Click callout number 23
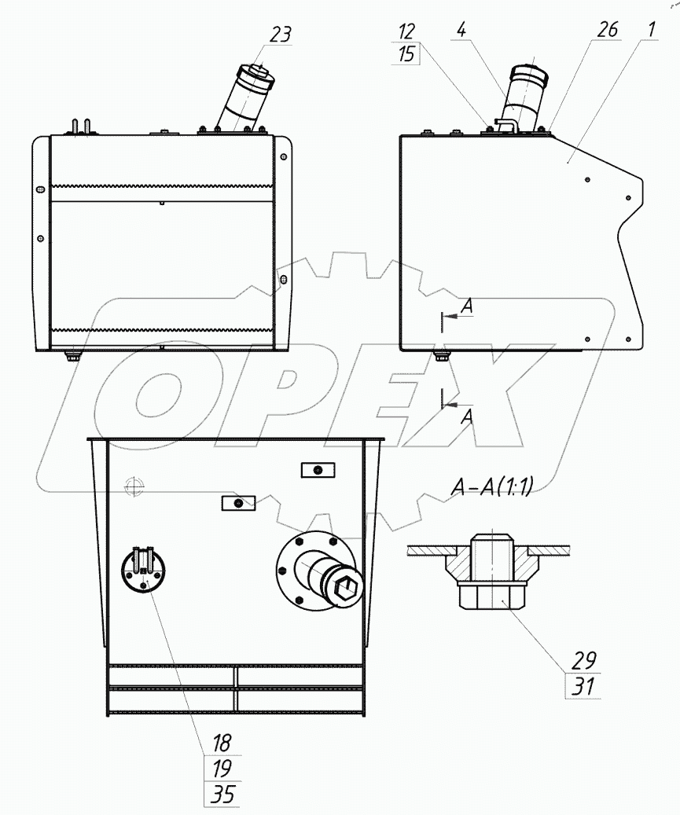280,35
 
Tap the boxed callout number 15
406,53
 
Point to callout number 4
461,29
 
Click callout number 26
607,29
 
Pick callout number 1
652,29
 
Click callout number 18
222,743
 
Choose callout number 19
222,768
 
